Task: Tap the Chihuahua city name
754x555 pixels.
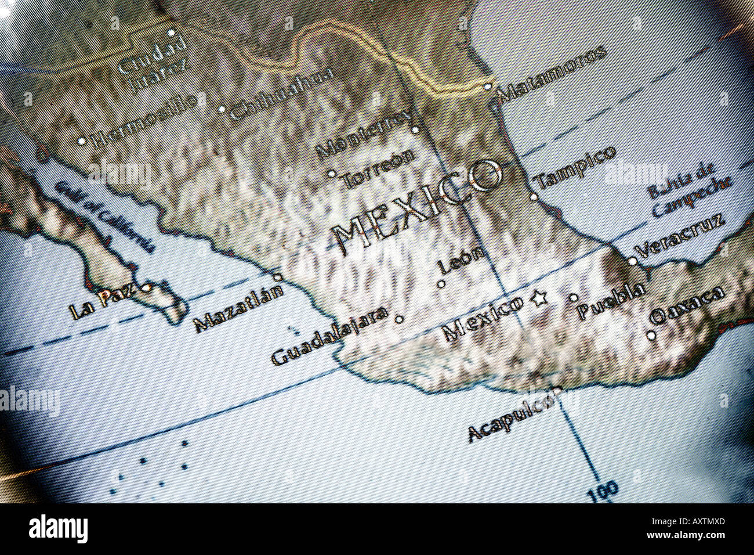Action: coord(282,93)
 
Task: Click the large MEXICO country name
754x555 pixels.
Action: coord(418,206)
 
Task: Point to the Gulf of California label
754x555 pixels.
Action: coord(105,215)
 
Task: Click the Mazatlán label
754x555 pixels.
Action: coord(238,308)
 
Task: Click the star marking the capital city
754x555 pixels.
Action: coord(539,299)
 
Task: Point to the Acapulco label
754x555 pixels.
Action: coord(510,415)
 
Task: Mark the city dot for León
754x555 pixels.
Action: coord(441,284)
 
